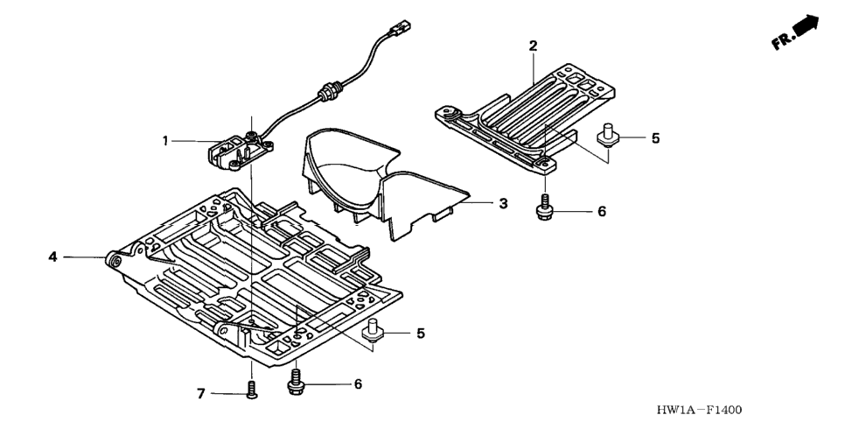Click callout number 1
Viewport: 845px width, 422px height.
[x=165, y=141]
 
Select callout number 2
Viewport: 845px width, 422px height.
[x=533, y=46]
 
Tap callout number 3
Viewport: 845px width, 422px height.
[x=503, y=203]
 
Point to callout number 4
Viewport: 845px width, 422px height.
[x=52, y=257]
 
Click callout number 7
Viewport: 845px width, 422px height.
[x=201, y=394]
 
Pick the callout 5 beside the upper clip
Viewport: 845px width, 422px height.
[x=655, y=138]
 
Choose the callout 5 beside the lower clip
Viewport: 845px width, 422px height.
[x=421, y=334]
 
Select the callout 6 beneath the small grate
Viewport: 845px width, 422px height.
[x=602, y=211]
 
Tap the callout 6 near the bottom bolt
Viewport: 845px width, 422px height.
[x=358, y=384]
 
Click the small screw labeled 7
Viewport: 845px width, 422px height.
[x=252, y=390]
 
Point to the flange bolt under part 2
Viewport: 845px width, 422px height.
[x=544, y=207]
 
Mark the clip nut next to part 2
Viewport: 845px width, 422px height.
[x=607, y=134]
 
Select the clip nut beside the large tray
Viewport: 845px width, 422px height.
[x=371, y=330]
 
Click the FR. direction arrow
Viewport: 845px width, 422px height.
[x=796, y=33]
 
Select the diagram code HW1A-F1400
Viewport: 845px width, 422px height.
[x=698, y=410]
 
